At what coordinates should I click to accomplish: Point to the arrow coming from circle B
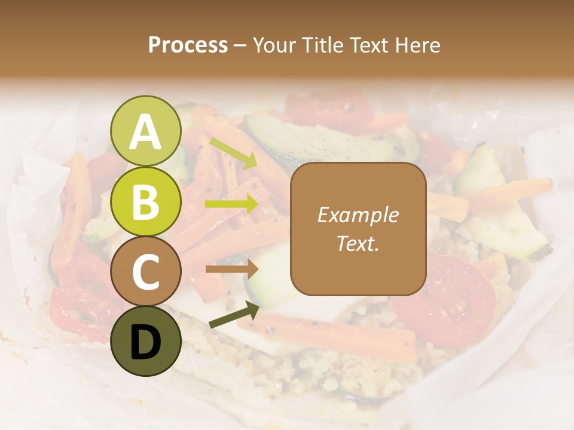[232, 204]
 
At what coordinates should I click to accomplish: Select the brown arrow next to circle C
[232, 269]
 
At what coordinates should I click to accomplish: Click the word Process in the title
[188, 45]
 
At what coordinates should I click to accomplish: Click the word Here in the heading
[418, 45]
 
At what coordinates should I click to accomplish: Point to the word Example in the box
[358, 216]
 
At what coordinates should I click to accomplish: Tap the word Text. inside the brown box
[358, 243]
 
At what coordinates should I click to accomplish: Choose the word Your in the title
[274, 45]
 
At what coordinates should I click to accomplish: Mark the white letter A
[145, 132]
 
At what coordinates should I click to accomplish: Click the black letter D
[145, 342]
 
